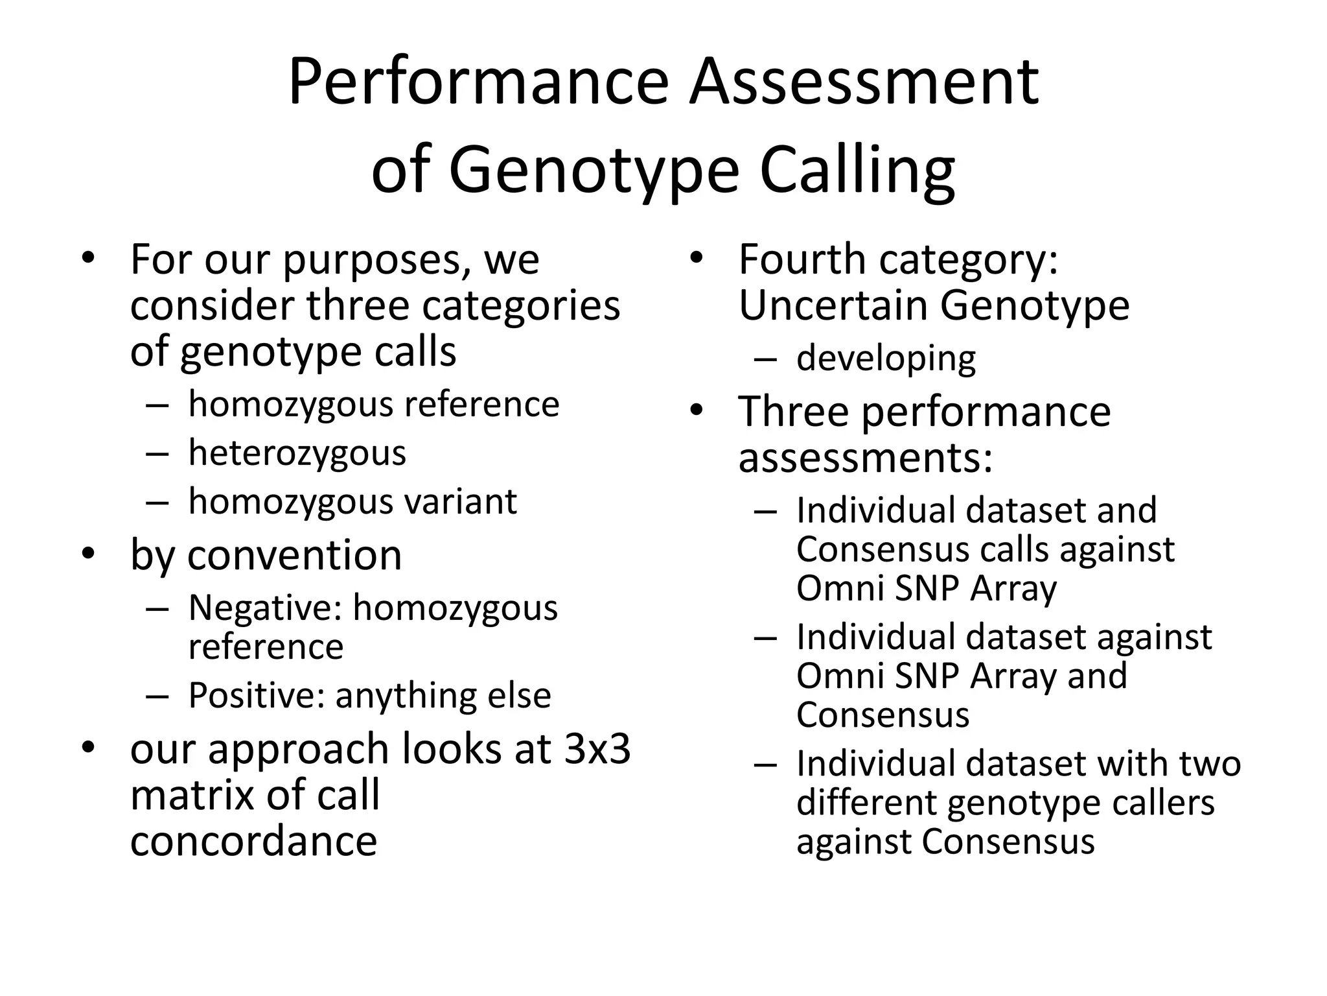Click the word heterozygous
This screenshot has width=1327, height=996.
[x=297, y=453]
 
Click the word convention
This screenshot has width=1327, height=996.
[x=295, y=555]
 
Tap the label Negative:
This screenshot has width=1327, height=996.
[x=264, y=608]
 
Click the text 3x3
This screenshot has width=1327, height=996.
[x=597, y=748]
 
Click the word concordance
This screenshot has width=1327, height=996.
[x=253, y=840]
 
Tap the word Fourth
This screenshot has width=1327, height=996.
[x=802, y=259]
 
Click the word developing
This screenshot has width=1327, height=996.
[x=885, y=359]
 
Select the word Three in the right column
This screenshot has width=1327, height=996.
[x=794, y=412]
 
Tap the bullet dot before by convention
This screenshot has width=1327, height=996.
[x=89, y=555]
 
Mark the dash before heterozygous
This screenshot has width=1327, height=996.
[x=157, y=453]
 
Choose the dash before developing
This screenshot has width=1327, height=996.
[x=765, y=359]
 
